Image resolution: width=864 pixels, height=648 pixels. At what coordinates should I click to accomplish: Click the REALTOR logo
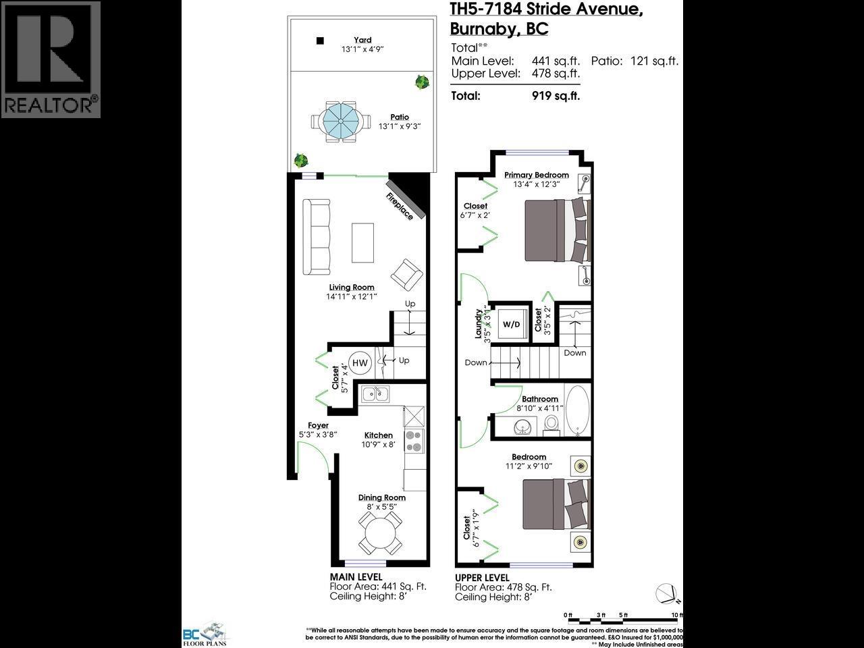(x=51, y=59)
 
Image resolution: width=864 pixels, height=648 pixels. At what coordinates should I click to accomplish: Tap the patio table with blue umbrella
(x=340, y=122)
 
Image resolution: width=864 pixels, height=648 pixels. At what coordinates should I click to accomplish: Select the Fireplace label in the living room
(x=400, y=205)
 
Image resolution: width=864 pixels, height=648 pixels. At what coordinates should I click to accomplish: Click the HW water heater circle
(x=360, y=363)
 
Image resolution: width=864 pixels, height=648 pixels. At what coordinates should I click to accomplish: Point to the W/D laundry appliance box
(x=512, y=325)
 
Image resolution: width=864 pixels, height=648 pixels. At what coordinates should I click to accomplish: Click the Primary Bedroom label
(x=537, y=175)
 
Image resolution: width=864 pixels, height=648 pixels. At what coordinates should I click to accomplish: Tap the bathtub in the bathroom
(x=577, y=409)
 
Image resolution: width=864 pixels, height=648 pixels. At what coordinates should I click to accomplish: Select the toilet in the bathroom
(x=551, y=424)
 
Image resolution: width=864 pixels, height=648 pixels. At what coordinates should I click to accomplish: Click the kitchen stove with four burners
(x=413, y=441)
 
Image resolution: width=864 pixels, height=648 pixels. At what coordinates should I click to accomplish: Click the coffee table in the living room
(x=362, y=243)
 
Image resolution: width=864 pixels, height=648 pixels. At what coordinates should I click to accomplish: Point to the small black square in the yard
(x=321, y=41)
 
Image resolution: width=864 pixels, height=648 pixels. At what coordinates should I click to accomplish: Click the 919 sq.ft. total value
(x=556, y=96)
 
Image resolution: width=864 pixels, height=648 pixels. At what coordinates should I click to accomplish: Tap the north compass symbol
(x=668, y=593)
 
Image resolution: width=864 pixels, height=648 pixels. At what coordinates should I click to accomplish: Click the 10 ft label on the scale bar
(x=676, y=615)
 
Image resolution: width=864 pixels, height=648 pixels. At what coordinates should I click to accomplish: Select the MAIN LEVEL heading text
(x=356, y=577)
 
